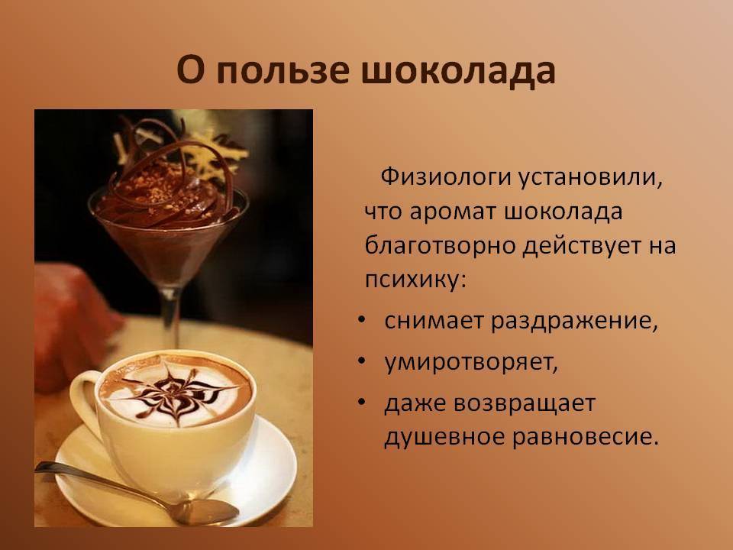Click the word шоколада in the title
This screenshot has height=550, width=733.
[x=459, y=70]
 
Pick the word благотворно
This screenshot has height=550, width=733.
[x=440, y=246]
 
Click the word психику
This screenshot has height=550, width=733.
[x=415, y=280]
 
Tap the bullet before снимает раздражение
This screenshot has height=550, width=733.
[x=361, y=320]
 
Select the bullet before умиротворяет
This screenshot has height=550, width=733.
[x=361, y=361]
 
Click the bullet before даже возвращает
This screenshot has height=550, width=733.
[x=361, y=403]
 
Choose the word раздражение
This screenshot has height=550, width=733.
[x=574, y=322]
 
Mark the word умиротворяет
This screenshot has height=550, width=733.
[x=471, y=362]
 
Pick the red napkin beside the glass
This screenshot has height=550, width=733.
[x=71, y=322]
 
